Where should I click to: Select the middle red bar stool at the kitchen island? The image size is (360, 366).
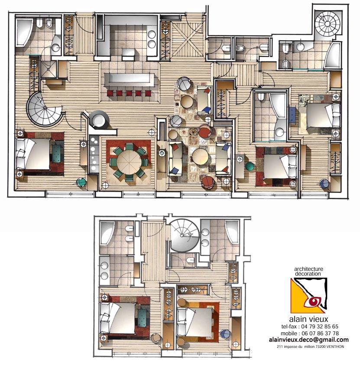point(129,93)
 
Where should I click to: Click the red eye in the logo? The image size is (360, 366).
point(314,302)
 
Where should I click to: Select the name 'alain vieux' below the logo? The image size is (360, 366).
point(308,319)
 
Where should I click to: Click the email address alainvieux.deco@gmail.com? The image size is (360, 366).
point(308,340)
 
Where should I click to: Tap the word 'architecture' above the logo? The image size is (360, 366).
point(308,269)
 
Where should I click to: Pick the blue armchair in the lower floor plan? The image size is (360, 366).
point(225,334)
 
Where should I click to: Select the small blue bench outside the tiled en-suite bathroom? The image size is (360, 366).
point(292,115)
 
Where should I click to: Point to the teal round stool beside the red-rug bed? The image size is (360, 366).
point(250,166)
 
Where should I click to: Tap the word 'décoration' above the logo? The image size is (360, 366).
point(308,274)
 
